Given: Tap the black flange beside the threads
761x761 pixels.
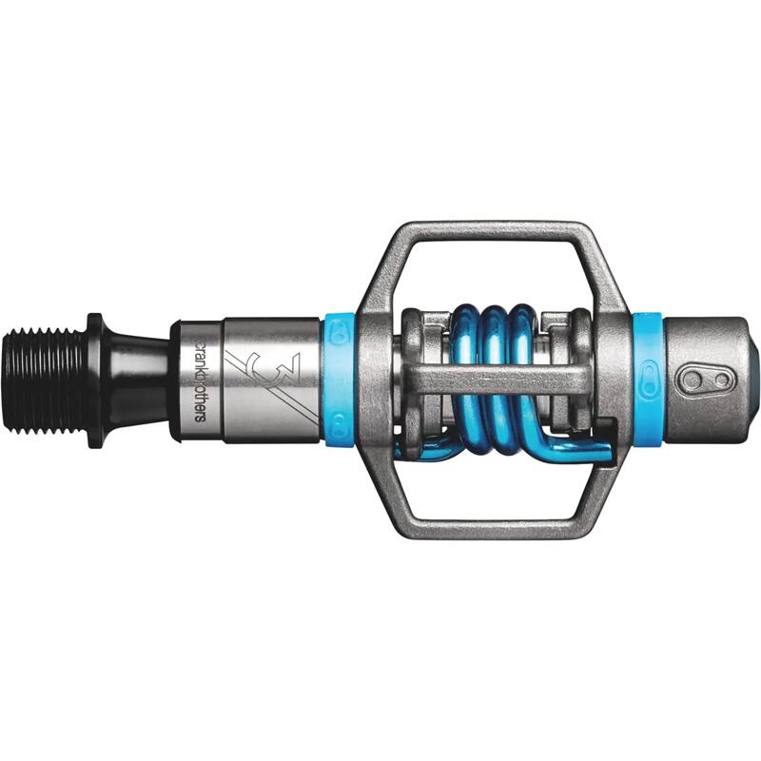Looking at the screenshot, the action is pyautogui.click(x=95, y=380).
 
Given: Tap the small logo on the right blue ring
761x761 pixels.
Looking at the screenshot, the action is pyautogui.click(x=648, y=387).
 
